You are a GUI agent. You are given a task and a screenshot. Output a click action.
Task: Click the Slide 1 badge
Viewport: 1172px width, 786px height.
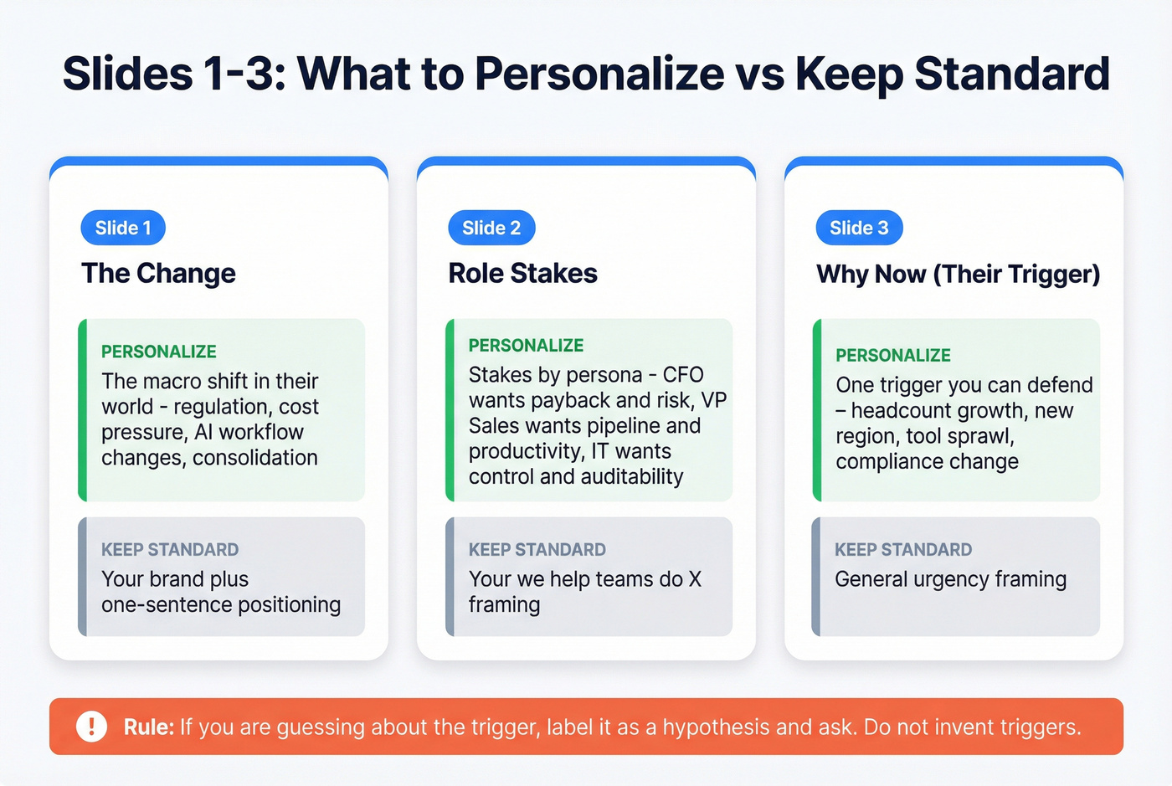tap(123, 228)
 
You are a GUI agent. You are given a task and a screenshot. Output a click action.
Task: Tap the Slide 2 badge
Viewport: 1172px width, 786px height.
tap(491, 228)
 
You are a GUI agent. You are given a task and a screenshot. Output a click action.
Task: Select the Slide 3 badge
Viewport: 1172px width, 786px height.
tap(859, 228)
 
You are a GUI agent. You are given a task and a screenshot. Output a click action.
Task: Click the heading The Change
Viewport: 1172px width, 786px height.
tap(158, 274)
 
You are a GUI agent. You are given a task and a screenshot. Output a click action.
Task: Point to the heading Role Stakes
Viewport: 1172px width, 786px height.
tap(522, 274)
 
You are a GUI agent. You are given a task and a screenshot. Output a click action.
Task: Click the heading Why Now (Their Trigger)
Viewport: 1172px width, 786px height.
tap(958, 275)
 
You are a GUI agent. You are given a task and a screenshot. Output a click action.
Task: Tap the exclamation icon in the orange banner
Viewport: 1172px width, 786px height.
tap(91, 727)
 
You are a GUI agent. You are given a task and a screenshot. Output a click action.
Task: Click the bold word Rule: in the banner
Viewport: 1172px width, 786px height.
tap(149, 727)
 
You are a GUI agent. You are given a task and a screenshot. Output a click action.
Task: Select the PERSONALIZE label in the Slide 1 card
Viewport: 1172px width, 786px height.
tap(159, 352)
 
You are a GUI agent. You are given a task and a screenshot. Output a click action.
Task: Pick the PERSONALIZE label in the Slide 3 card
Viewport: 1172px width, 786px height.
tap(893, 356)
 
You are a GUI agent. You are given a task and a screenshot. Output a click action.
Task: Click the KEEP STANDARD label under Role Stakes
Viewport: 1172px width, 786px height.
tap(537, 550)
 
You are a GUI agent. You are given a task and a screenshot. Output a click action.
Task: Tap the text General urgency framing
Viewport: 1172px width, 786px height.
tap(950, 579)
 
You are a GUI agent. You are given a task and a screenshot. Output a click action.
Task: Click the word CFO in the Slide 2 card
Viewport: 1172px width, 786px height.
tap(683, 375)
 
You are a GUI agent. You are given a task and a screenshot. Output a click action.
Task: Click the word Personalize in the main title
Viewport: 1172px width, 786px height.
tap(599, 74)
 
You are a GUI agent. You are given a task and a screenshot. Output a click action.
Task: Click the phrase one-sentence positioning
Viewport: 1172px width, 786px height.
tap(221, 605)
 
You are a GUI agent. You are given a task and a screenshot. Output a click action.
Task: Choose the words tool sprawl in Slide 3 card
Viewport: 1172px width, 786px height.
tap(959, 436)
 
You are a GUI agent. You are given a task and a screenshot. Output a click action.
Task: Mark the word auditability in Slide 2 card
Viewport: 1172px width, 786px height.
tap(632, 477)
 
